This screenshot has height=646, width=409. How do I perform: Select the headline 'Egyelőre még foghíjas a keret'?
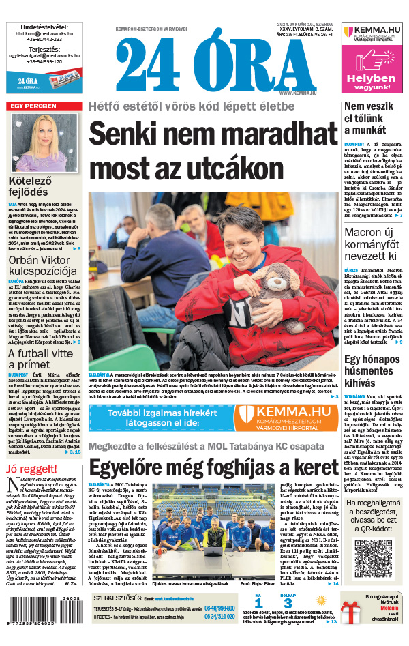[213, 467]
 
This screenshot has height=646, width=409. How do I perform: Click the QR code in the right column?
[374, 558]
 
